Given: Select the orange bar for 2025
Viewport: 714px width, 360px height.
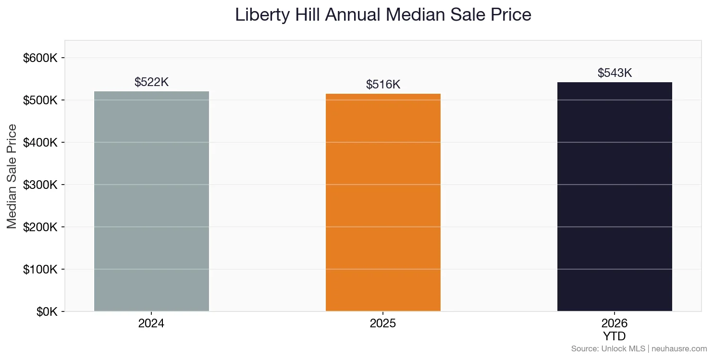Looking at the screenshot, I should point(383,202).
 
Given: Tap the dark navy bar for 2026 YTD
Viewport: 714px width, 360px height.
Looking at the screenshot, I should point(615,197).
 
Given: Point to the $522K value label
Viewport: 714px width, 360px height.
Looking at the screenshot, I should point(151,82).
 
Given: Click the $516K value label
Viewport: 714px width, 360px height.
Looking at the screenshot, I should point(383,85).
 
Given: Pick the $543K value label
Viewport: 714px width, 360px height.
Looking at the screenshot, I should point(615,73).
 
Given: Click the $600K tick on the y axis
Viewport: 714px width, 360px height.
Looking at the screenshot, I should point(40,58).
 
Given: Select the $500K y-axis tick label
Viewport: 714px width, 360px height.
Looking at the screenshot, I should point(40,100).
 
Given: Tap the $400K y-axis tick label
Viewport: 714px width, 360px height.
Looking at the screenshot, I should point(40,143).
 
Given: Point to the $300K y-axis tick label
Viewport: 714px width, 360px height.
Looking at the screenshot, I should point(40,185).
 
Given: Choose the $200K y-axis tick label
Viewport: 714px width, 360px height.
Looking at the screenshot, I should point(40,227).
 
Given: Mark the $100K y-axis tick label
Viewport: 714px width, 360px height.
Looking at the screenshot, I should point(40,269).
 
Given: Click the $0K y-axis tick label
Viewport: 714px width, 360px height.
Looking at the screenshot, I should point(47,312).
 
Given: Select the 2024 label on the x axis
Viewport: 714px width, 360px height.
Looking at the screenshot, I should point(151,323).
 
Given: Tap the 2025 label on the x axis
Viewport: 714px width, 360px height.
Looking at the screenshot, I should point(383,323).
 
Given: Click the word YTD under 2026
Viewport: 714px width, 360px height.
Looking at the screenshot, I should point(615,335).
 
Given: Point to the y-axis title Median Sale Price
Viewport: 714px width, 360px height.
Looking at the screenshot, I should point(12,176).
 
